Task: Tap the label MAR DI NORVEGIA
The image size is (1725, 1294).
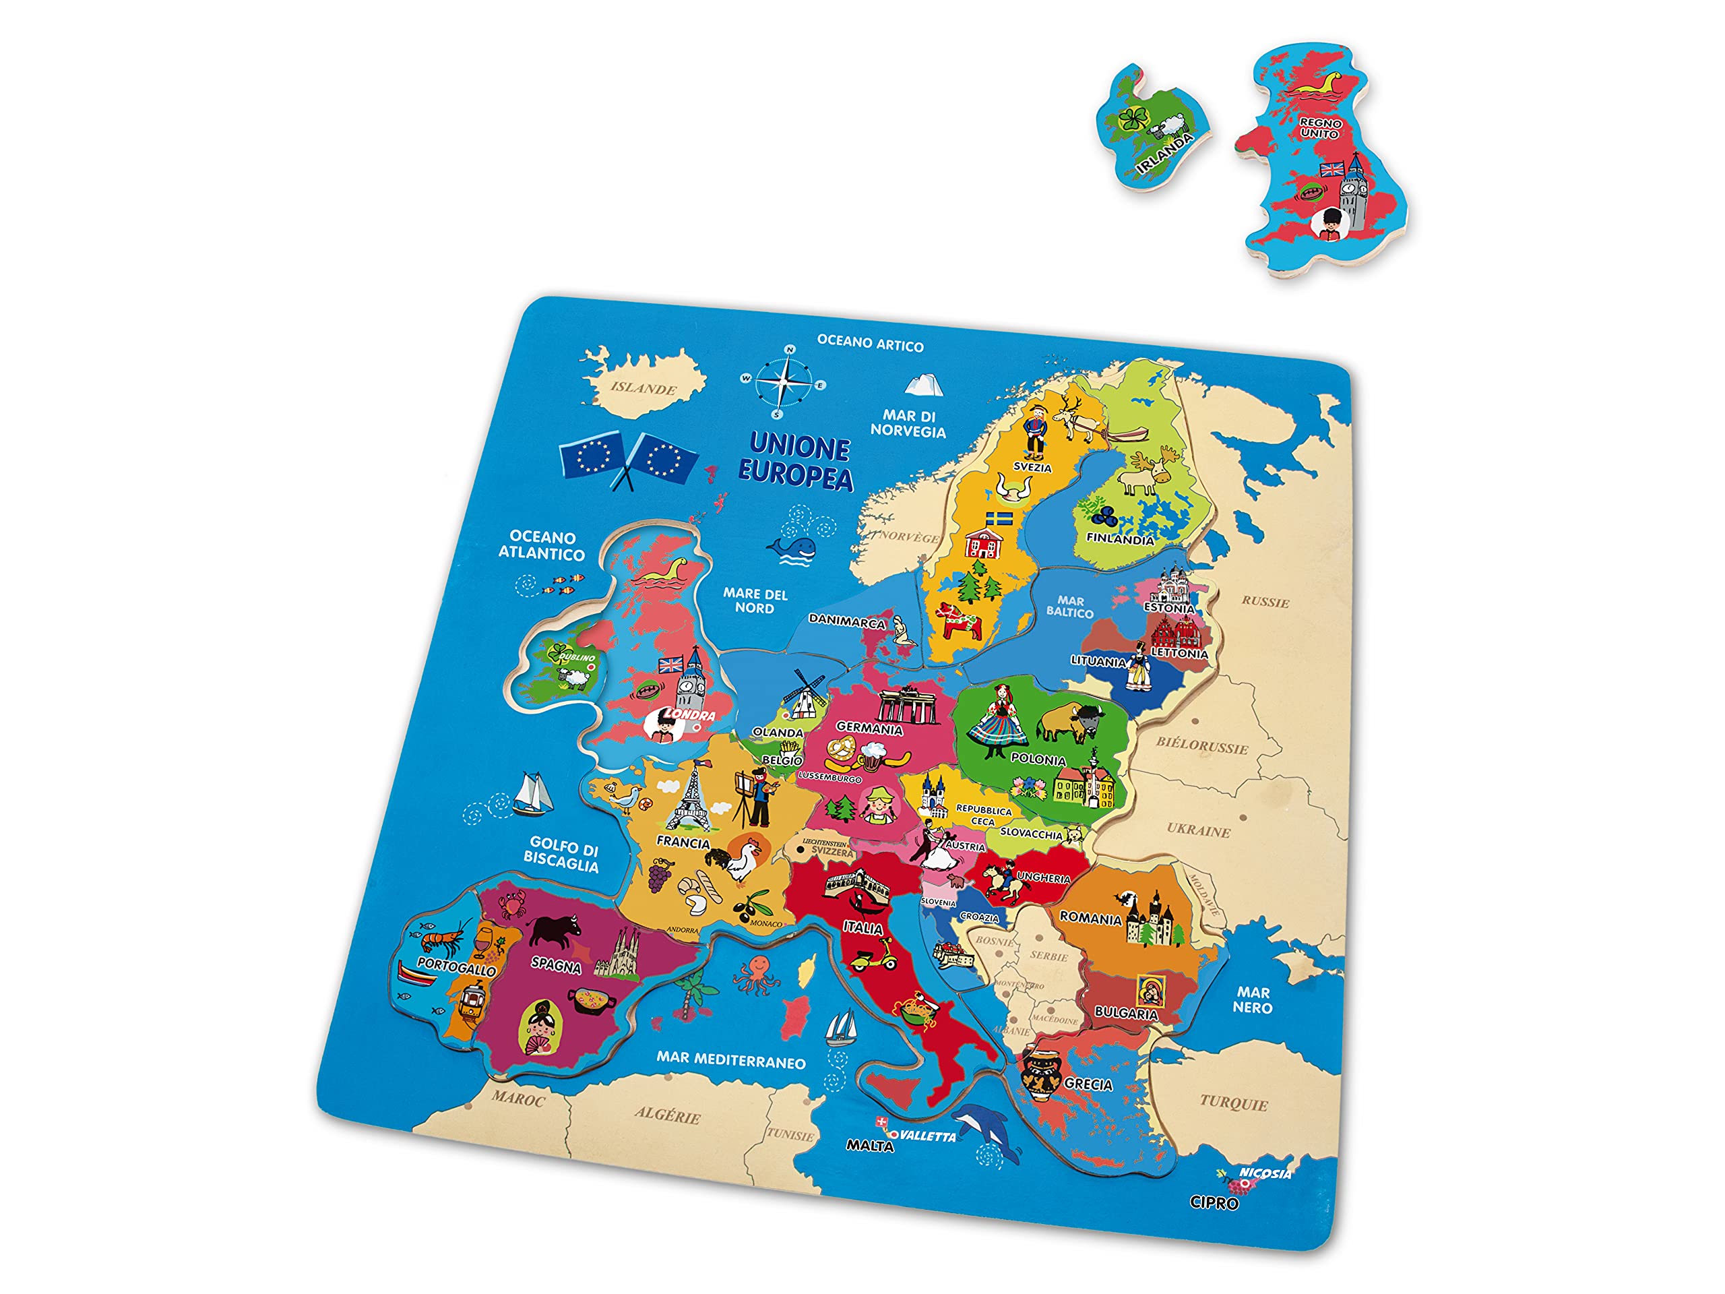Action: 908,423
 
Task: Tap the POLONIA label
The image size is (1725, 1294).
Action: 1038,759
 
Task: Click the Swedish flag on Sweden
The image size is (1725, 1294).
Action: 999,520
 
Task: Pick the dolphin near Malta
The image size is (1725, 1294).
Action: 984,1129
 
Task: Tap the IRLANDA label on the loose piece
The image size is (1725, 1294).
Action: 1164,153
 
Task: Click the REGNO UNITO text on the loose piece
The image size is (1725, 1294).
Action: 1319,129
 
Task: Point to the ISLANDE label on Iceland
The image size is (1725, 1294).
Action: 644,388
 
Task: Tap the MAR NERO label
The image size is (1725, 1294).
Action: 1253,1000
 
